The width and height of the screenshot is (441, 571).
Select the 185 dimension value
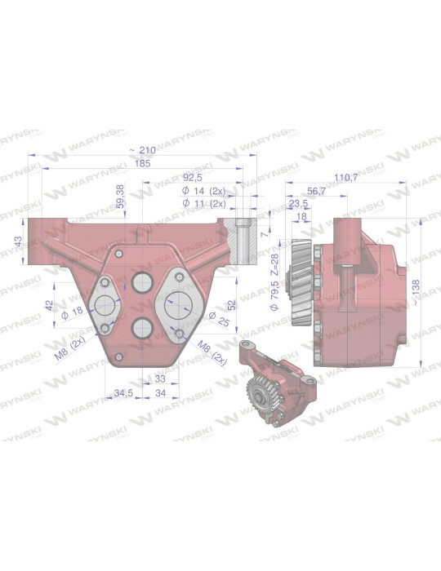click(142, 164)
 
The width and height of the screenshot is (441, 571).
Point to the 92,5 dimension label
click(193, 176)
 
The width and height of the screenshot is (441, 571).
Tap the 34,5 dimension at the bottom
click(125, 393)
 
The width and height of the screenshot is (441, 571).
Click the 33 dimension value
click(160, 379)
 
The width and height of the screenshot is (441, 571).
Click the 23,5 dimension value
click(299, 204)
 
